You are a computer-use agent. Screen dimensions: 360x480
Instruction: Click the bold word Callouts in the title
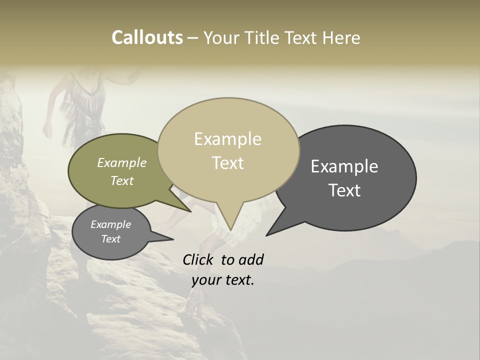pyautogui.click(x=147, y=37)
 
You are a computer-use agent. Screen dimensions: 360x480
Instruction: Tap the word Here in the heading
pyautogui.click(x=341, y=37)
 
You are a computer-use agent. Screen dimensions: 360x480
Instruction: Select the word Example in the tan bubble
pyautogui.click(x=227, y=139)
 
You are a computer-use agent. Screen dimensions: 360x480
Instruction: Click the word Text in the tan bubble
pyautogui.click(x=227, y=163)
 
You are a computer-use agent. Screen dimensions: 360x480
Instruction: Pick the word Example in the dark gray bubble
pyautogui.click(x=344, y=166)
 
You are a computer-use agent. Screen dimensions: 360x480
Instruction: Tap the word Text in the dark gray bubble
pyautogui.click(x=344, y=190)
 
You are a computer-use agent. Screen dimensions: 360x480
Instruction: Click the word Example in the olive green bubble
pyautogui.click(x=121, y=162)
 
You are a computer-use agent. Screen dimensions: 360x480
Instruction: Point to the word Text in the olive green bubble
pyautogui.click(x=121, y=180)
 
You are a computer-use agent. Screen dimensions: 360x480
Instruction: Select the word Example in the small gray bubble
pyautogui.click(x=110, y=224)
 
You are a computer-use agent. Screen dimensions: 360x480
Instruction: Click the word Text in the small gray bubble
pyautogui.click(x=110, y=239)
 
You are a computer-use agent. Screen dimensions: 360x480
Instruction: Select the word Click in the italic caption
pyautogui.click(x=199, y=259)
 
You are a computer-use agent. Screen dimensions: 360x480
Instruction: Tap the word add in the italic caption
pyautogui.click(x=250, y=259)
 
